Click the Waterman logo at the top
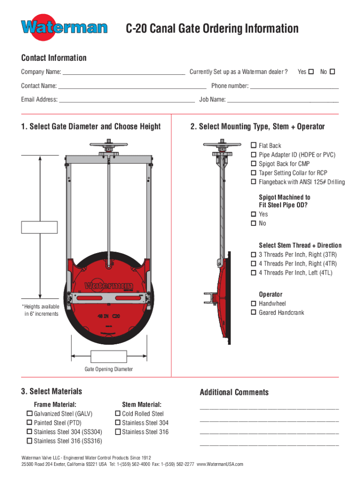64,27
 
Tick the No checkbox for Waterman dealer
332,72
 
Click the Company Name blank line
123,73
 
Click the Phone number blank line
294,87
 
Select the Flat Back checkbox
254,145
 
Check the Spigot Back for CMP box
254,164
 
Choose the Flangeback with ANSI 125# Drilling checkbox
254,182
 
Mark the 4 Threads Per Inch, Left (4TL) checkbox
254,273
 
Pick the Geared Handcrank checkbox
254,312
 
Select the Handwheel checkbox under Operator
254,304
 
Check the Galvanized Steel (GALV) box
29,414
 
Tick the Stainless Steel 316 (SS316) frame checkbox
29,441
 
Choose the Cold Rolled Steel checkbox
117,414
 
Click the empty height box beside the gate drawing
40,227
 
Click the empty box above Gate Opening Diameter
108,357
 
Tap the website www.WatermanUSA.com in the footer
220,464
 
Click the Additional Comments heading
234,392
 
